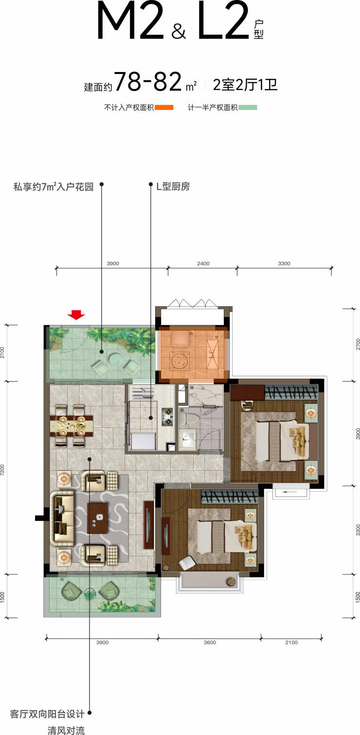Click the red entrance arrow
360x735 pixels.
[x=76, y=314]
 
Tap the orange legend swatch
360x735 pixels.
[x=164, y=107]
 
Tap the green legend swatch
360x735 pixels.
[x=248, y=107]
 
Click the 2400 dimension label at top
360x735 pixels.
[x=203, y=263]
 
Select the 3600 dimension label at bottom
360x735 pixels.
[x=210, y=643]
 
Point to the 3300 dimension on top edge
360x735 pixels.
[x=284, y=263]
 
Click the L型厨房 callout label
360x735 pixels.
[x=173, y=186]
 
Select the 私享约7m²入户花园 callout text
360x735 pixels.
[x=54, y=187]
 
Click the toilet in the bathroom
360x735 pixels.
[x=189, y=418]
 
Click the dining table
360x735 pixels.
[x=72, y=425]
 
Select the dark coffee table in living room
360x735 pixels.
[x=98, y=518]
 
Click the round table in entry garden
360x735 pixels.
[x=115, y=359]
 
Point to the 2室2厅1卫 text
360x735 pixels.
[x=245, y=85]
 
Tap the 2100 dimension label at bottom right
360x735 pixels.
[x=291, y=643]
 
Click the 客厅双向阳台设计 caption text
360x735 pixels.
[x=47, y=714]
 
